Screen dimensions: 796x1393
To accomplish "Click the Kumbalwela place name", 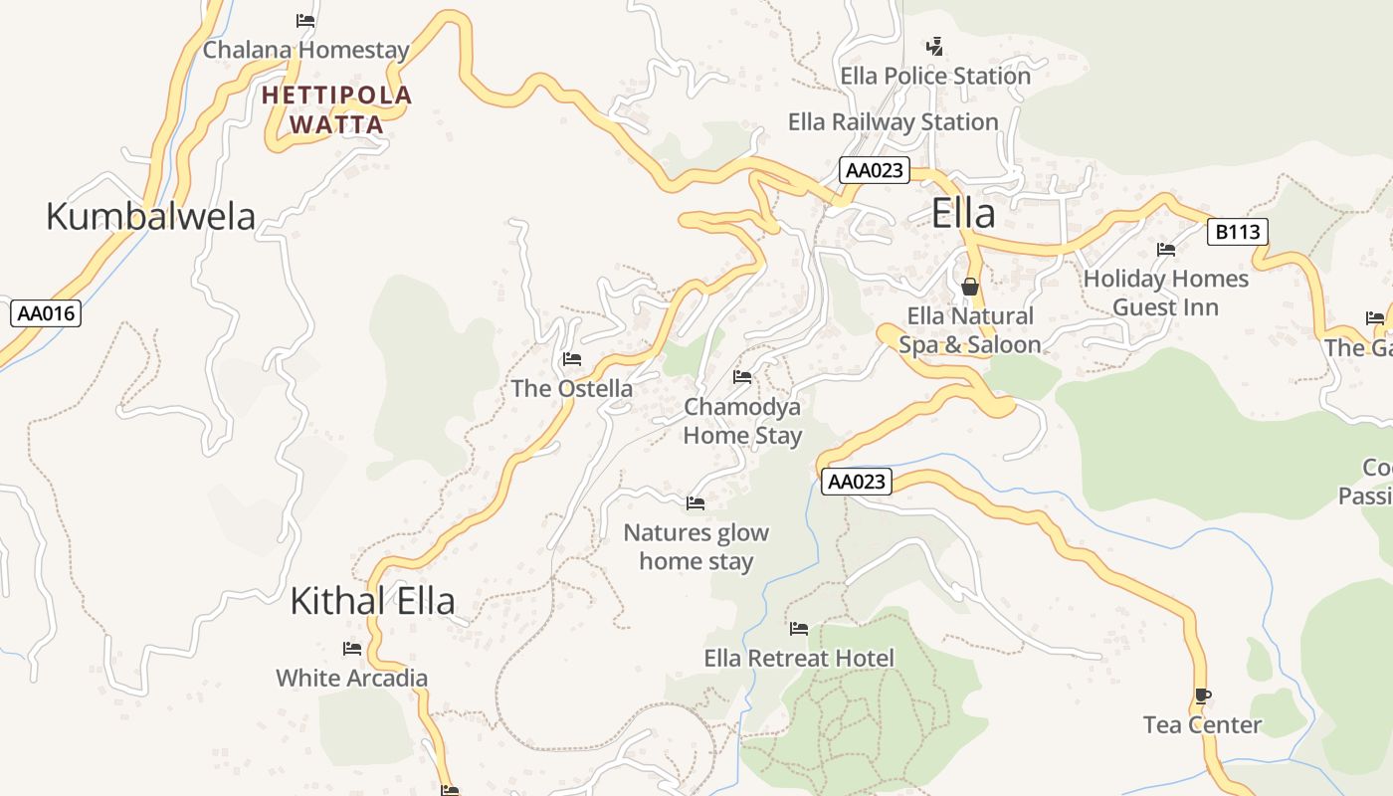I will click(x=150, y=216).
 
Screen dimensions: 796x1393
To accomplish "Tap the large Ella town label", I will click(x=963, y=214).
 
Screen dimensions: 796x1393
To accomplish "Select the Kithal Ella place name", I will click(x=372, y=601).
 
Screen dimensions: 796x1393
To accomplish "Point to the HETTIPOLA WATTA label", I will click(x=336, y=109).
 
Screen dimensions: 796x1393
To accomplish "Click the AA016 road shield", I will click(x=46, y=313).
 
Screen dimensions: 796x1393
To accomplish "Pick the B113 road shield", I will click(x=1237, y=232).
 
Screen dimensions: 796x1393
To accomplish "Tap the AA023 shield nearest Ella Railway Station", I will click(x=873, y=170).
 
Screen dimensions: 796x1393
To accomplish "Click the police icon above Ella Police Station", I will click(x=934, y=46).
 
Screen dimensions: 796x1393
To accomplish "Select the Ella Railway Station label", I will click(x=893, y=122).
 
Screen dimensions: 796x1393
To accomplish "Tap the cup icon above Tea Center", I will click(x=1202, y=696).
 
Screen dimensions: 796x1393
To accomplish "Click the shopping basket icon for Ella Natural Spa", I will click(x=969, y=287).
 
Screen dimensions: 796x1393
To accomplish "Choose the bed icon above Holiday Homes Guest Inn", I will click(x=1165, y=249).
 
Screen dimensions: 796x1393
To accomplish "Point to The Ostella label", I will click(x=571, y=388).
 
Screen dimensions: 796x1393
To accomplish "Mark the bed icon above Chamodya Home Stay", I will click(x=741, y=377).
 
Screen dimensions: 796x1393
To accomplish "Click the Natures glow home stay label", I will click(x=696, y=546).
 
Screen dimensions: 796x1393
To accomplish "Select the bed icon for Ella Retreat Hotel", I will click(x=798, y=629).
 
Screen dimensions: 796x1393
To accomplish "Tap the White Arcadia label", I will click(x=351, y=679).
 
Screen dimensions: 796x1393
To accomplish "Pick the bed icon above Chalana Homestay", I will click(x=305, y=20).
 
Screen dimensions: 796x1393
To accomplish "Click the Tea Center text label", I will click(x=1202, y=725).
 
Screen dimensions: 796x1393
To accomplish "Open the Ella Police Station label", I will click(x=934, y=76).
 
